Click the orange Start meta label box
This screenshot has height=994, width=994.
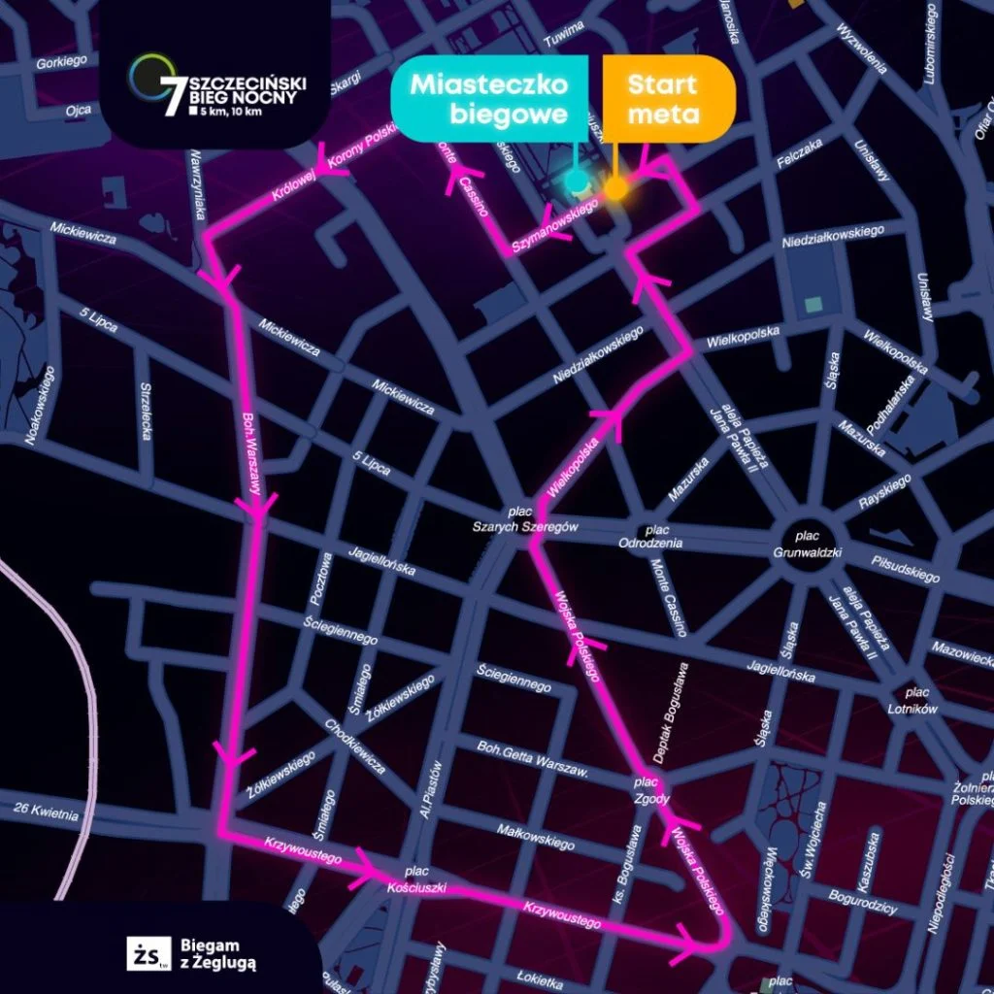[x=663, y=98]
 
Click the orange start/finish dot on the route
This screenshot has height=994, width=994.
[x=615, y=189]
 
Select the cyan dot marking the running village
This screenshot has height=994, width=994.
[x=576, y=180]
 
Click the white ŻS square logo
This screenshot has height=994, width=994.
[x=148, y=953]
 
